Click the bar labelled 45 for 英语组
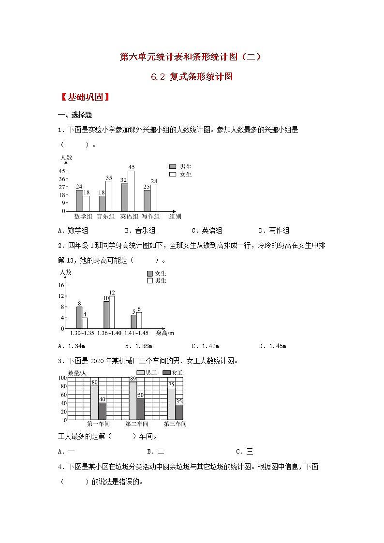131,191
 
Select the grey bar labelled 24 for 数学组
79,200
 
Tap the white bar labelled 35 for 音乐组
109,196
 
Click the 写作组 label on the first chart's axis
150,217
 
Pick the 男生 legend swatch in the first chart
173,166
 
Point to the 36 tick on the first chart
62,179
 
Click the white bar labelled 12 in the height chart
112,312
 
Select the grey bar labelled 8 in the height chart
79,318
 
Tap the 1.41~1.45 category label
136,333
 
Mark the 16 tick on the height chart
61,285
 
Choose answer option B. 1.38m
138,346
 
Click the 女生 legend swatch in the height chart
149,274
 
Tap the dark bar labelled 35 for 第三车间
179,411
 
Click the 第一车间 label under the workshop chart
98,424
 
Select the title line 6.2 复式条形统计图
192,76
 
